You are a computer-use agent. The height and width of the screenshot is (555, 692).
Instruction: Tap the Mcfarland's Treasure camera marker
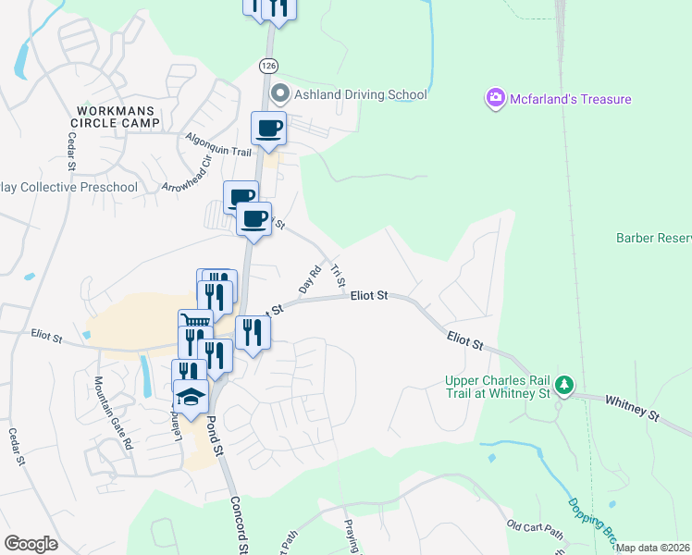click(495, 97)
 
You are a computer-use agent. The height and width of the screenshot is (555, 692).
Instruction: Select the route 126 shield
click(268, 66)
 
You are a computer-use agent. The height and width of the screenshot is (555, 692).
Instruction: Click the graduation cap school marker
click(191, 397)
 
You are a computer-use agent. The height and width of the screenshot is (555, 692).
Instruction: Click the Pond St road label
click(215, 435)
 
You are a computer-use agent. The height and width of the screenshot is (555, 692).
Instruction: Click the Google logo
click(31, 544)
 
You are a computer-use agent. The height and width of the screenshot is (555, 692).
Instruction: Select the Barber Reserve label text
click(653, 238)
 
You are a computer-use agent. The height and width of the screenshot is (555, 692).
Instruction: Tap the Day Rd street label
click(309, 276)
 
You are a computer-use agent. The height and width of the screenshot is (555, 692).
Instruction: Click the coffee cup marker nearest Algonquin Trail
click(268, 128)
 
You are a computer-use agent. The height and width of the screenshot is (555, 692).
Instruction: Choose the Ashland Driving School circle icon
click(279, 94)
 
